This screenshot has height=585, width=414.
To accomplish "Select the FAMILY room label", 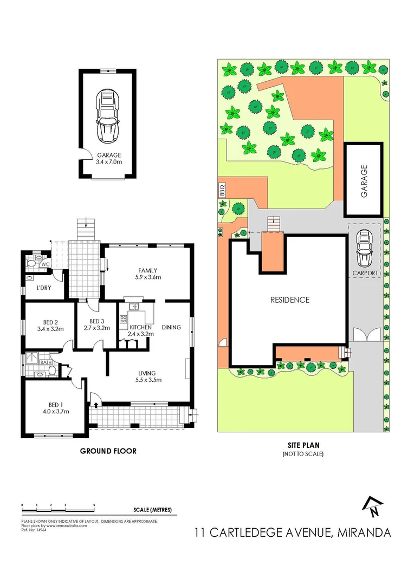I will point(147,270).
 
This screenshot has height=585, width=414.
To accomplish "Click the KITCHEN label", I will point(141,327).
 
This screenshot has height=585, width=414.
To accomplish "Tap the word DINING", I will point(171,327).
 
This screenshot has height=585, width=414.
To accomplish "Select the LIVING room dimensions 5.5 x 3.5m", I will point(147,380).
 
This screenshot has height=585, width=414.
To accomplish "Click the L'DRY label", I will point(43,288).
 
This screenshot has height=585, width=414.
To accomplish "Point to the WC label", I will point(45,264).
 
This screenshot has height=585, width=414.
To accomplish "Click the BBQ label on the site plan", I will point(221,190).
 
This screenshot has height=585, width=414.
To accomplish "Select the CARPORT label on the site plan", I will point(366,273).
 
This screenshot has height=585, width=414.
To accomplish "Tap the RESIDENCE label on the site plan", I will point(289,300).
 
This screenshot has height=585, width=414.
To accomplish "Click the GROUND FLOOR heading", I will point(108,451).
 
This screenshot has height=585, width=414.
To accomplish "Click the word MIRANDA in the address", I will point(363,532).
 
